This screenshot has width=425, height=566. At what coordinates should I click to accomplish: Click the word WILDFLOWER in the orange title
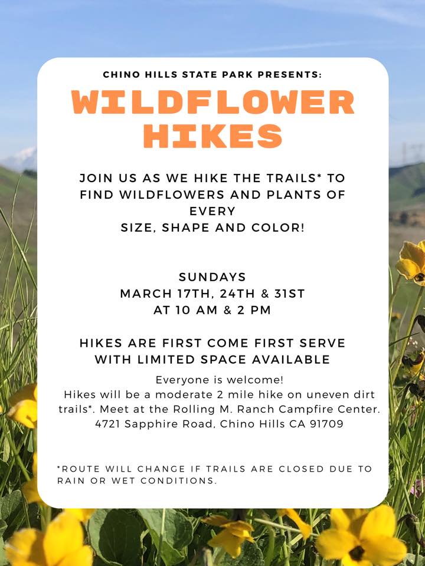point(212,103)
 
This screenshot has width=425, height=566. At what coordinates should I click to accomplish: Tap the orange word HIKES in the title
point(212,136)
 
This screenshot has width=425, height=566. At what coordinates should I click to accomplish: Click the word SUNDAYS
point(212,277)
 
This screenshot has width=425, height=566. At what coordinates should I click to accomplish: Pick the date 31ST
point(289,294)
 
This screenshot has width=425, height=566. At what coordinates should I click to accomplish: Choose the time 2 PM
point(255,311)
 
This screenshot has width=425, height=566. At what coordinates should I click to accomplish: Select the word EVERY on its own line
point(212,211)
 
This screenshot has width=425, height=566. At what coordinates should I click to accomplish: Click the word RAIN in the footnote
point(69,481)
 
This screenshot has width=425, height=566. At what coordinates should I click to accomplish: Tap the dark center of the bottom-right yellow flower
point(357,552)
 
